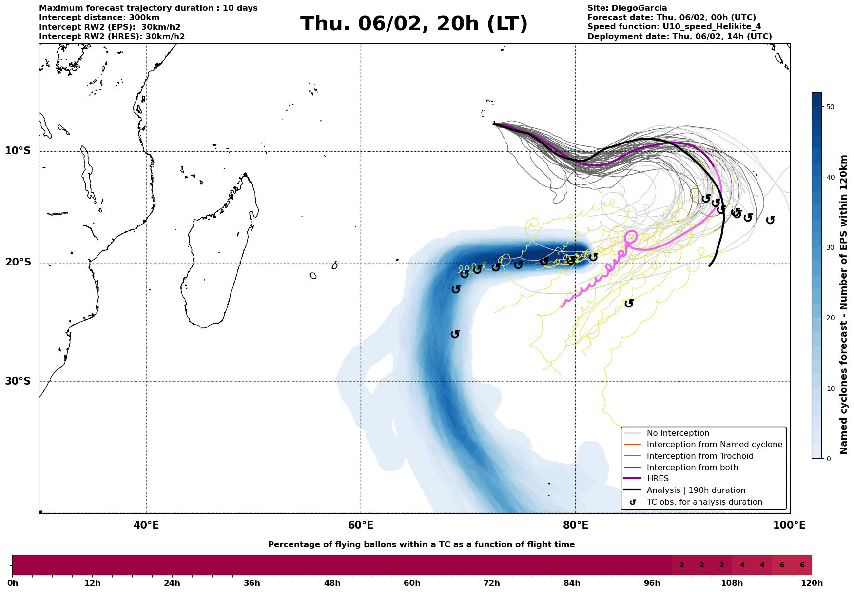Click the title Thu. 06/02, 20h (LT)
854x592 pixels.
[414, 24]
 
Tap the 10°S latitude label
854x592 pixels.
[18, 151]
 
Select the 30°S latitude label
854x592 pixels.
[18, 381]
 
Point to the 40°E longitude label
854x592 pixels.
[146, 525]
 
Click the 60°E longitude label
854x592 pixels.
[361, 525]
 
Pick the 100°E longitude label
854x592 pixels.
[789, 525]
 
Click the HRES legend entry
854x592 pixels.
[658, 479]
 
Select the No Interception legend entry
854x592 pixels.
[678, 433]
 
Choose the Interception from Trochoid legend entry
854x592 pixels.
[699, 456]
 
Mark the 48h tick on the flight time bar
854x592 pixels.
[332, 583]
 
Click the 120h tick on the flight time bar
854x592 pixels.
[812, 583]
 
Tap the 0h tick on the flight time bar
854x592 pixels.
[12, 583]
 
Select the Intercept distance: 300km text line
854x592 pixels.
[99, 18]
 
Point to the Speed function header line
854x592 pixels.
[674, 27]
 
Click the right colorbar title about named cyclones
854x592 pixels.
[844, 305]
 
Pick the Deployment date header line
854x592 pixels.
[679, 37]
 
